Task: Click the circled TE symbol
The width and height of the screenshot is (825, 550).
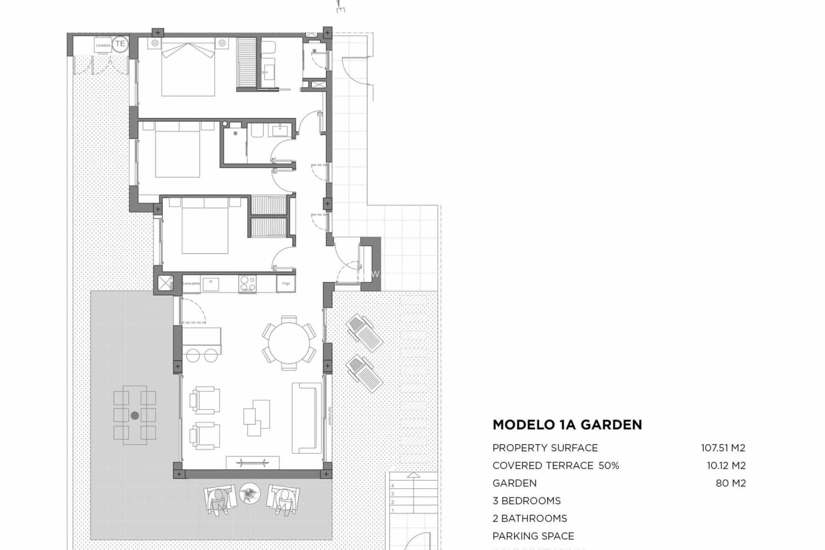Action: pos(120,44)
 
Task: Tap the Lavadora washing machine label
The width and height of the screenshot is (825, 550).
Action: pos(103,45)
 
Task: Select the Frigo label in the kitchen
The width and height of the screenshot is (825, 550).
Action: pos(286,284)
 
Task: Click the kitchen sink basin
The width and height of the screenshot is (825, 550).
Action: pos(211,284)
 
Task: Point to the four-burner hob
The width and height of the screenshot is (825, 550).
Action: pos(247,284)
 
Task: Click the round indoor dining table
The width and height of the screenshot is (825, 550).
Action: pos(289,342)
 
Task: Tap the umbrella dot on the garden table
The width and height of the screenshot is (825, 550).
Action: pos(135,416)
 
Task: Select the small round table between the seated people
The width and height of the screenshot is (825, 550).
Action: pos(250,493)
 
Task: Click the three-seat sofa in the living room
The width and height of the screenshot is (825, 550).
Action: pos(306,418)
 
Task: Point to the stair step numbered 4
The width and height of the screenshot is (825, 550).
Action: pos(393,486)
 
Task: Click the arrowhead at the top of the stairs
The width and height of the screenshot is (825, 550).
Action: pos(413,475)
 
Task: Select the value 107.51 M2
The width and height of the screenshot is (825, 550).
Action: pos(723,448)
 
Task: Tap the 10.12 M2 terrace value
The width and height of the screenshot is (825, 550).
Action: pos(726,465)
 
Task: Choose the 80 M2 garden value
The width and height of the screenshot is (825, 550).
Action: pos(731,483)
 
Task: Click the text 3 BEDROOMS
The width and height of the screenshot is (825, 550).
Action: pos(526,501)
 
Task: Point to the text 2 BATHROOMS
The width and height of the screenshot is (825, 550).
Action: pos(529,518)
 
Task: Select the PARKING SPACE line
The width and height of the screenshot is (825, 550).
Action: pos(533,536)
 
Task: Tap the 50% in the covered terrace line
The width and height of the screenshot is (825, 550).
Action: pos(608,465)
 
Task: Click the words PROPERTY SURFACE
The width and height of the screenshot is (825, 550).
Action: pos(545,448)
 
